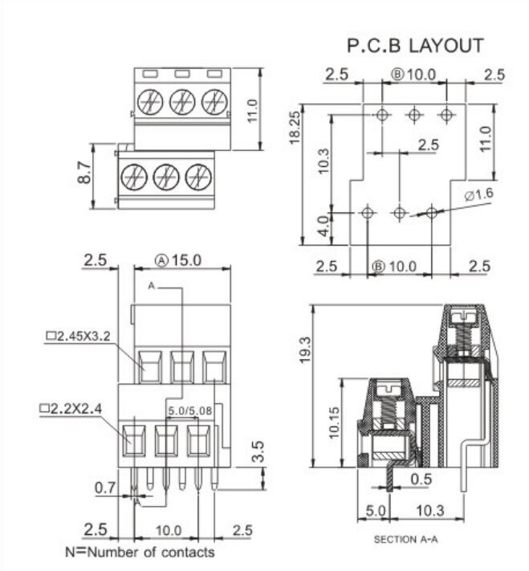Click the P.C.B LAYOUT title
[x=414, y=45]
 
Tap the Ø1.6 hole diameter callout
[x=478, y=195]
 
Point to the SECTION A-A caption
[x=407, y=540]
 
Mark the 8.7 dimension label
[x=83, y=175]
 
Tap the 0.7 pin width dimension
[x=105, y=487]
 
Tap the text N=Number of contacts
[x=140, y=553]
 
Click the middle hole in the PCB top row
[x=413, y=115]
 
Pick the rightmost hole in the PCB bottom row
[x=432, y=213]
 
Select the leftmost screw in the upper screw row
[x=150, y=102]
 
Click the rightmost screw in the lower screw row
[x=197, y=176]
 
